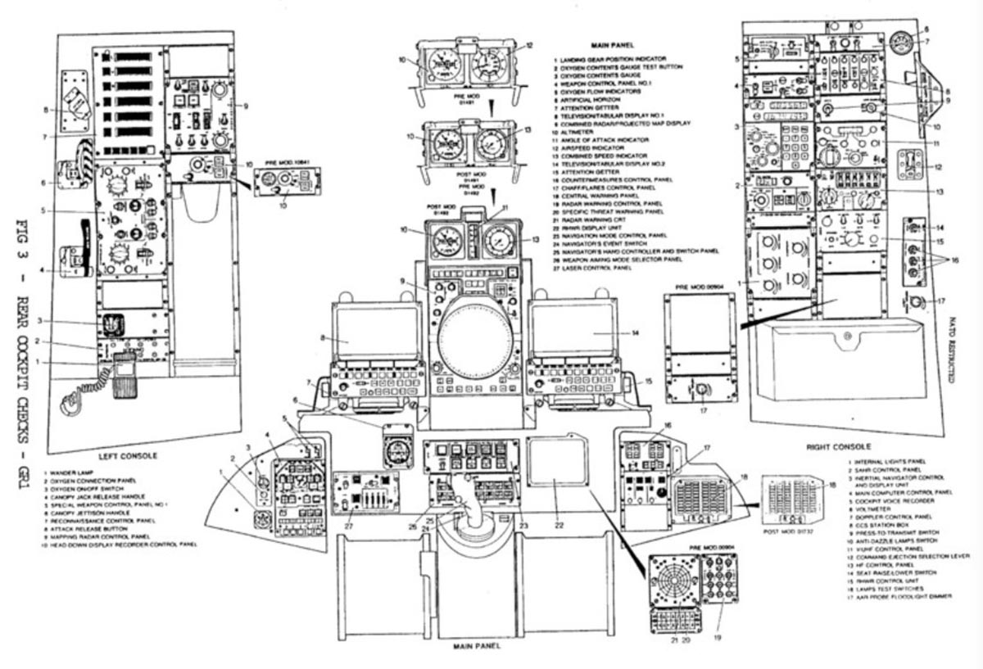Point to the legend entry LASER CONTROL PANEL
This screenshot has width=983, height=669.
pyautogui.click(x=593, y=268)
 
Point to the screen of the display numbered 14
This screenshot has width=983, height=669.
pyautogui.click(x=573, y=330)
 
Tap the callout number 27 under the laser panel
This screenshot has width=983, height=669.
pyautogui.click(x=349, y=527)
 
